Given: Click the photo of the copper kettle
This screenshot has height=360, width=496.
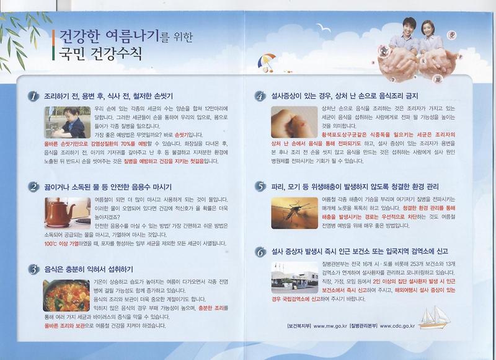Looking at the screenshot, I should [66, 213].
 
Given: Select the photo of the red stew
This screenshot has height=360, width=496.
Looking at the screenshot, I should [66, 296].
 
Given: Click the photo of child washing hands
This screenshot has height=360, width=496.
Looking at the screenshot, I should [66, 123].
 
